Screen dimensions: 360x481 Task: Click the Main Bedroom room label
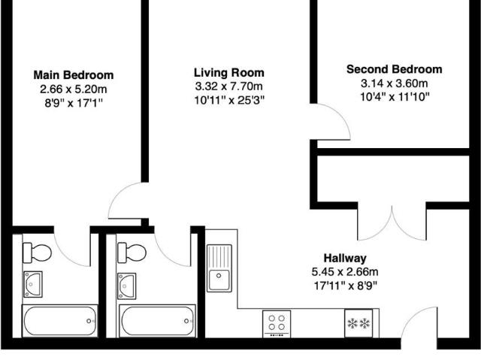[x=74, y=75]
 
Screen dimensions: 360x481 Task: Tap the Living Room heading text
[x=229, y=73]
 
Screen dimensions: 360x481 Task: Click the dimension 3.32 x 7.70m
[x=229, y=86]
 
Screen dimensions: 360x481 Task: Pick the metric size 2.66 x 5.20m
[x=74, y=89]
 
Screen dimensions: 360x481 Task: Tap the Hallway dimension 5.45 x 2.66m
[x=345, y=271]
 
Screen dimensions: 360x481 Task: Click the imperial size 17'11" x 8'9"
[x=345, y=285]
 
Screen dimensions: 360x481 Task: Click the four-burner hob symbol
[x=277, y=324]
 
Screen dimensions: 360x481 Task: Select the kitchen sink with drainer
[x=221, y=268]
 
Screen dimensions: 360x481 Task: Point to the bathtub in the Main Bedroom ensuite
[x=59, y=322]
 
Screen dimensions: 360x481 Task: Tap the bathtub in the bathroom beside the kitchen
[x=155, y=322]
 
